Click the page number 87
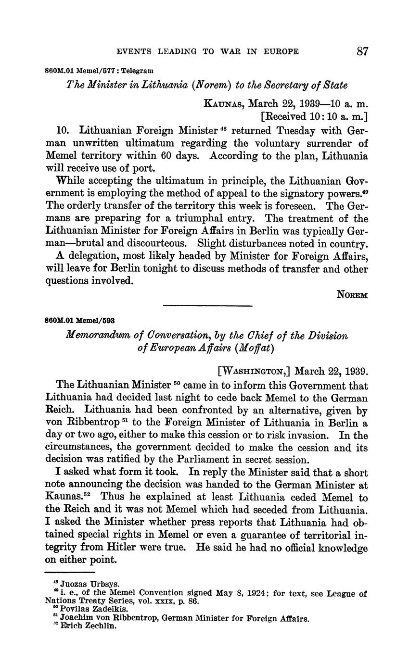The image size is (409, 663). tap(362, 51)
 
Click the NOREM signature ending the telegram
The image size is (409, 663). tap(352, 295)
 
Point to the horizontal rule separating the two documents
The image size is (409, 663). tap(208, 306)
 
